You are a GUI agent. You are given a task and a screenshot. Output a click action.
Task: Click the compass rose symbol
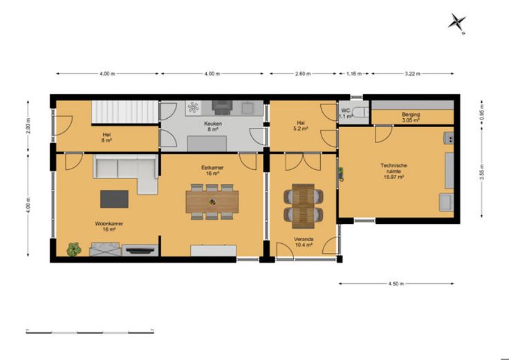[457, 23]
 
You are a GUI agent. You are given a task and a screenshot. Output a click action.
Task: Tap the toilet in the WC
[360, 113]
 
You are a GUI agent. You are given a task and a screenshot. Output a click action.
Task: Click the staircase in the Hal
[124, 112]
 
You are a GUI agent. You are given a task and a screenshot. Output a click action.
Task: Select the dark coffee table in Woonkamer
[114, 199]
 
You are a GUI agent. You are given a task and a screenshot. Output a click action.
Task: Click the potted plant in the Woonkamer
[74, 249]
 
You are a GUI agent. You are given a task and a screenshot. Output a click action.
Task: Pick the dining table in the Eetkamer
[212, 202]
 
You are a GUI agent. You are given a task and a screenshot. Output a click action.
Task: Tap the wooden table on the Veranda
[303, 206]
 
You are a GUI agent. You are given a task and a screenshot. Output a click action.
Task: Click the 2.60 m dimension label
[303, 74]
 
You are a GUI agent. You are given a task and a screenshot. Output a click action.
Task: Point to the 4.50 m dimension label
[396, 284]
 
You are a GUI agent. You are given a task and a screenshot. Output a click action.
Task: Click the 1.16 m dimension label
[354, 74]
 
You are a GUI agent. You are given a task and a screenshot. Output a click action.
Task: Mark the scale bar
[90, 332]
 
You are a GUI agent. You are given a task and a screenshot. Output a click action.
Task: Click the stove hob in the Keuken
[194, 107]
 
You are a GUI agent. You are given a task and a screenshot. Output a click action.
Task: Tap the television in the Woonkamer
[140, 250]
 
